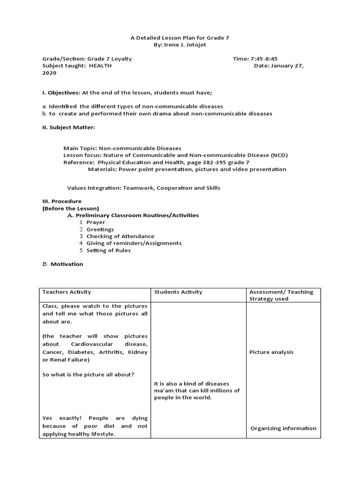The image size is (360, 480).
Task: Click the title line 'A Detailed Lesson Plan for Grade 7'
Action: pyautogui.click(x=180, y=37)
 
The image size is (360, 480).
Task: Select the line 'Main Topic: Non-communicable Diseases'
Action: pyautogui.click(x=122, y=148)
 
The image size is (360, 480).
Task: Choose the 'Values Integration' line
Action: pyautogui.click(x=143, y=187)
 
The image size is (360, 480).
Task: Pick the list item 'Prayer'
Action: pyautogui.click(x=96, y=222)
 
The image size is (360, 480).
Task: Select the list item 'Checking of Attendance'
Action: pyautogui.click(x=120, y=236)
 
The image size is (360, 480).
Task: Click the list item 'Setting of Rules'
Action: pyautogui.click(x=108, y=250)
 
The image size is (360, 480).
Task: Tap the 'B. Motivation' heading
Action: pyautogui.click(x=63, y=264)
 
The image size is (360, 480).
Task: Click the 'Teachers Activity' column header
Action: pyautogui.click(x=67, y=292)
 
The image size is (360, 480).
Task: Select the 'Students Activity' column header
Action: pyautogui.click(x=179, y=292)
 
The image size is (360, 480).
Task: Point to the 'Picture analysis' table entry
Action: pyautogui.click(x=271, y=352)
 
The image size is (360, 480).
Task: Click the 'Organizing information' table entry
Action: pyautogui.click(x=284, y=428)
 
